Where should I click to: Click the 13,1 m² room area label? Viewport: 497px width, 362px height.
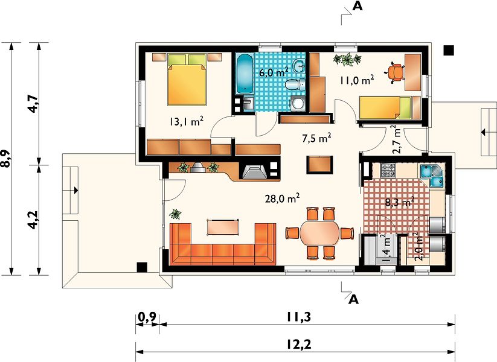(186, 121)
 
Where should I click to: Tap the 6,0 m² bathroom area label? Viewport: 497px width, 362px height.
(274, 72)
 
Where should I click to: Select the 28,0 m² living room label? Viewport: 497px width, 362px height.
(283, 198)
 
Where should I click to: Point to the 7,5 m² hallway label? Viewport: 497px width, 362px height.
(316, 138)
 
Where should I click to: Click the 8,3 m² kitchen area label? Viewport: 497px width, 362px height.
(400, 202)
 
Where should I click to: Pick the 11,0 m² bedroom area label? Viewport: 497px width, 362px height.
(357, 80)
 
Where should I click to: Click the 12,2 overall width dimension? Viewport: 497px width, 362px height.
(300, 344)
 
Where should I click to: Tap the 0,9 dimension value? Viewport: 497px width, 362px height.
(147, 317)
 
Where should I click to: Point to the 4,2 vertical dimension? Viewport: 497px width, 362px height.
(33, 220)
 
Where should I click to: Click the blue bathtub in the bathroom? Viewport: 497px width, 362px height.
(245, 74)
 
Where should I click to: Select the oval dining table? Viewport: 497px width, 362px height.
(320, 233)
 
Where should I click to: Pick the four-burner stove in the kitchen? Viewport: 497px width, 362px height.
(388, 170)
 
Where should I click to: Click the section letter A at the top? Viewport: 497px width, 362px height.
(358, 6)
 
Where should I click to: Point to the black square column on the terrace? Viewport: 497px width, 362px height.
(142, 267)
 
